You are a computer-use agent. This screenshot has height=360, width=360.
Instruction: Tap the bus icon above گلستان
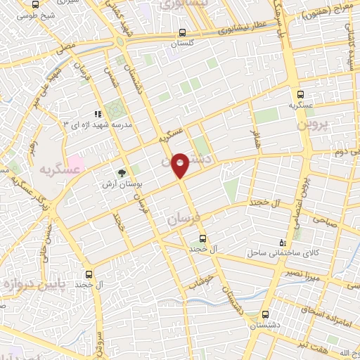point(182,32)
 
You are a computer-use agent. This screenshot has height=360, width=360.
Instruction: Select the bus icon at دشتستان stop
point(264,315)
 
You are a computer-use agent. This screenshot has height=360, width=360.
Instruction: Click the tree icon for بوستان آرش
point(122,172)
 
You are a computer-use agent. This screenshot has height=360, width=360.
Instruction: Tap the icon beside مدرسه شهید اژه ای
point(98,113)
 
